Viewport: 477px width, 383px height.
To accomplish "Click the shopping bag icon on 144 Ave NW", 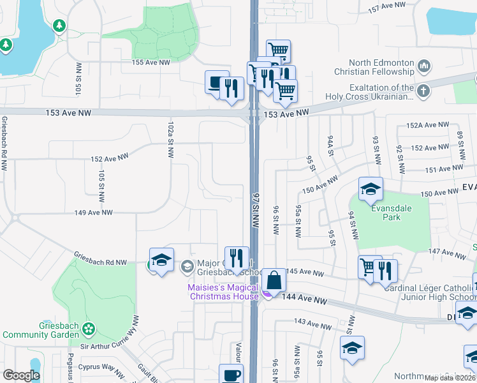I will pos(274,280).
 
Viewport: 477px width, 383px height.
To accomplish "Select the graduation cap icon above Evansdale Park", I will pos(371,189).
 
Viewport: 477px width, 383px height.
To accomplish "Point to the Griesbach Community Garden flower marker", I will pos(89,328).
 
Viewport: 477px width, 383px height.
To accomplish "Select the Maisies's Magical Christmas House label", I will pos(223,292).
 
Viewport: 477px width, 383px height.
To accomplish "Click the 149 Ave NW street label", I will pos(93,213).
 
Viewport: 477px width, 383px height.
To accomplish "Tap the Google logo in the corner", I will pos(21,375).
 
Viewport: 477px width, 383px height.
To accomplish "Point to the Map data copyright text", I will pos(450,378).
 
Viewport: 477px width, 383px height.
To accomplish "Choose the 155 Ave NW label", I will pos(150,63).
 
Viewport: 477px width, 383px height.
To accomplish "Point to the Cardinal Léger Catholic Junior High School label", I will pos(429,292).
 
